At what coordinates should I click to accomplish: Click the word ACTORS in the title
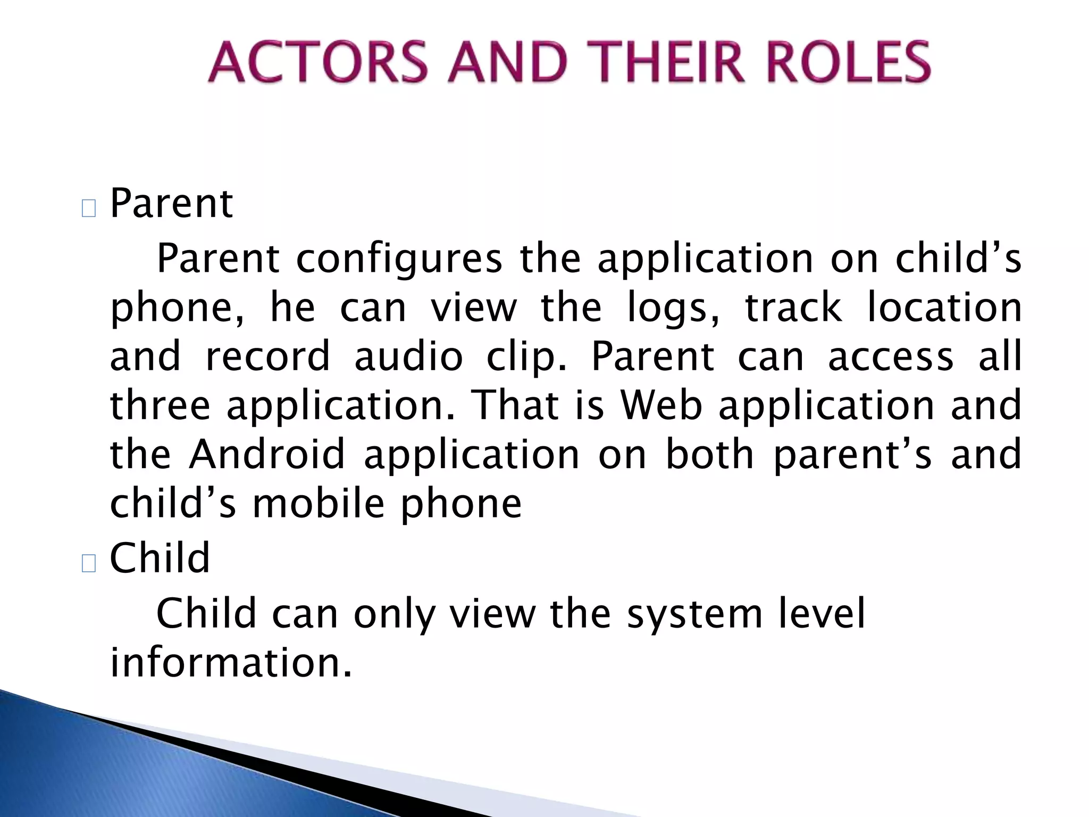tap(318, 63)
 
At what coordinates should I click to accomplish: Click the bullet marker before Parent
tap(89, 209)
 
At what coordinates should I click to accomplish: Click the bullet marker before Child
tap(89, 563)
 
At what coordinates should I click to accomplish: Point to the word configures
tap(399, 260)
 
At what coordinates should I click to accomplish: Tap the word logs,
tap(673, 309)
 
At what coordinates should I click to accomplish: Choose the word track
tap(793, 308)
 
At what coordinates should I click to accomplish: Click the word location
tap(944, 308)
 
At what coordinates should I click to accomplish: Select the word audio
tap(408, 357)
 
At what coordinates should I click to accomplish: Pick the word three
tap(160, 406)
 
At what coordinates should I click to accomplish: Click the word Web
tap(662, 406)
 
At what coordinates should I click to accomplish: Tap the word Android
tap(267, 455)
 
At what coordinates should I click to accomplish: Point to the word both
tap(710, 455)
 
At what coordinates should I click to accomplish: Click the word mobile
tap(318, 504)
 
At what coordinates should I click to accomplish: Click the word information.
tap(231, 663)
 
